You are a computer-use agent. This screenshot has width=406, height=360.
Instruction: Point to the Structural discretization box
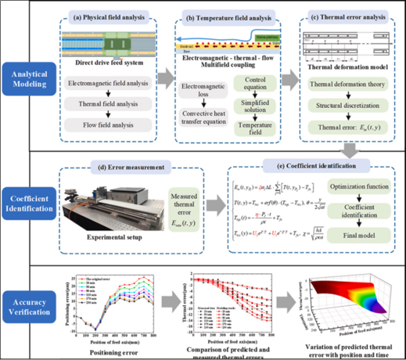[x=347, y=106]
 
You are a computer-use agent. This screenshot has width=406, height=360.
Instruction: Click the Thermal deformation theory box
[x=347, y=84]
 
